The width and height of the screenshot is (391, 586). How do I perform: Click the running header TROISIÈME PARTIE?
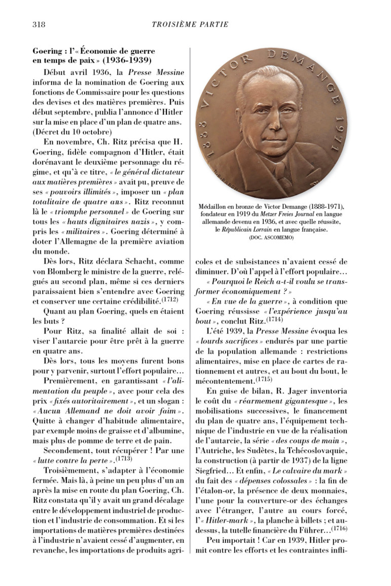click(x=190, y=24)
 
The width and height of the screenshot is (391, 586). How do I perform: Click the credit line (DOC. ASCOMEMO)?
click(x=271, y=237)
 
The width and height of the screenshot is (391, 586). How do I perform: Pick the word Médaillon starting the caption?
click(x=216, y=207)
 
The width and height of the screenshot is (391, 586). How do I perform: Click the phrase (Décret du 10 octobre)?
click(x=68, y=132)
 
